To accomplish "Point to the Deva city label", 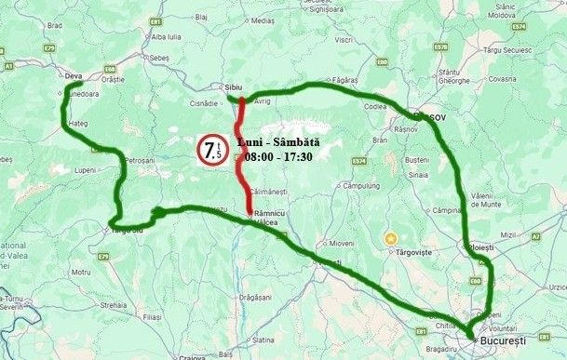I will click(x=74, y=76).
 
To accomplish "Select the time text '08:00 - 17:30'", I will click(x=278, y=156).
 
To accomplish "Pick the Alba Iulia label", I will click(x=165, y=36).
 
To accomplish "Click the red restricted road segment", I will click(x=243, y=158).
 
